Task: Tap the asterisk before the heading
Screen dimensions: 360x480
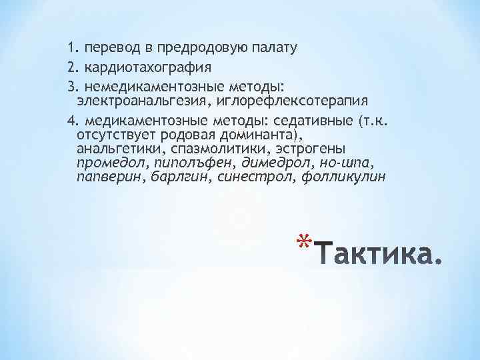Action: (x=303, y=244)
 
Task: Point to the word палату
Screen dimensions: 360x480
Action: (x=274, y=47)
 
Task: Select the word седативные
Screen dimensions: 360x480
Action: (x=313, y=120)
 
